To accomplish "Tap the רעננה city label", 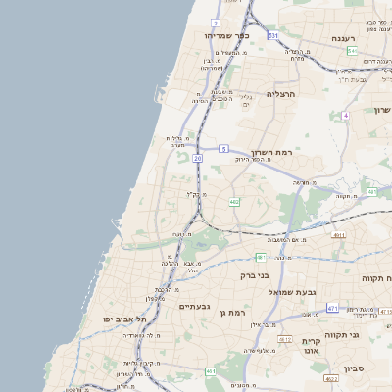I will tap(342, 38).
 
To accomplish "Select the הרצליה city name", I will tap(281, 94).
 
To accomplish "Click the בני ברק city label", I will tap(255, 275).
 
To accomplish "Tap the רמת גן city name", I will tap(242, 312).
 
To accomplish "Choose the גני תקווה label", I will tap(369, 335).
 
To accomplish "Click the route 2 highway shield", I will tap(215, 22).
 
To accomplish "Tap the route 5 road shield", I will tap(223, 149).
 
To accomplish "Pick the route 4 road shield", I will tap(346, 115).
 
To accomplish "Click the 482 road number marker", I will tap(234, 202).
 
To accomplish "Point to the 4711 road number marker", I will tap(339, 235).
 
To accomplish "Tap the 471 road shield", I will tap(332, 308).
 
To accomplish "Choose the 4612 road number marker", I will tap(284, 339).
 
